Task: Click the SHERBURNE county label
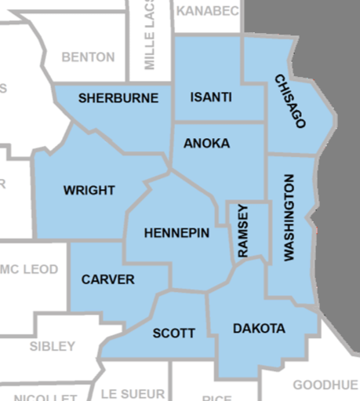[x=118, y=98]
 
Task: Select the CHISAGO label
[x=289, y=101]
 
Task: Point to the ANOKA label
[x=207, y=143]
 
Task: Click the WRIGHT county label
[x=89, y=190]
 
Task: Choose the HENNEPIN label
[x=176, y=233]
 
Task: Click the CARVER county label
[x=108, y=279]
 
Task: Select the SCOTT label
[x=173, y=333]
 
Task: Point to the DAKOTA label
[x=259, y=328]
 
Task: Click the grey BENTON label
[x=88, y=57]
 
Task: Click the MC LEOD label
[x=29, y=269]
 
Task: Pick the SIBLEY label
[x=53, y=345]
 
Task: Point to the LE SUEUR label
[x=133, y=393]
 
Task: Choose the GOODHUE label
[x=325, y=385]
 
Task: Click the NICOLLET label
[x=45, y=396]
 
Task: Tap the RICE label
[x=216, y=396]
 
